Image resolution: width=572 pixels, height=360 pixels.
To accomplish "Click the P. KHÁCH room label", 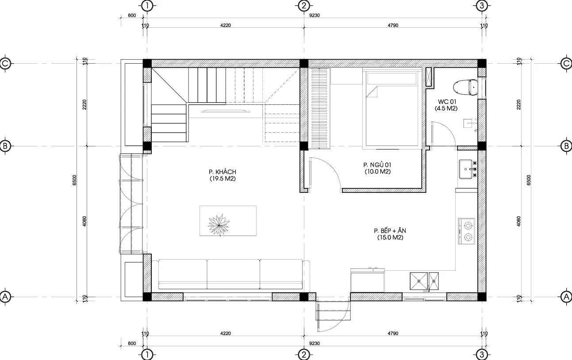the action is [x=223, y=172].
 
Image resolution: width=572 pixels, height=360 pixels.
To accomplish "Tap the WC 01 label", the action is [x=447, y=102].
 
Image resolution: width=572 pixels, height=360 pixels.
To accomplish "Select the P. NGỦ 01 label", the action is [x=377, y=165].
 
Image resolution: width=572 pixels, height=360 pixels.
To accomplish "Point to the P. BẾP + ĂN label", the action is [x=390, y=231].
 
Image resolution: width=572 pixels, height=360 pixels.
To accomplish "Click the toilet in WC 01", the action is [x=465, y=87].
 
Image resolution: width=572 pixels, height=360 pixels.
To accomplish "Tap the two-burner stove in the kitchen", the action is [x=466, y=231].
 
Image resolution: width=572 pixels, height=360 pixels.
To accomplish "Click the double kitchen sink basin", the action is [x=424, y=281].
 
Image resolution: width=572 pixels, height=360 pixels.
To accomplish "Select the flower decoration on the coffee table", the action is [x=219, y=225].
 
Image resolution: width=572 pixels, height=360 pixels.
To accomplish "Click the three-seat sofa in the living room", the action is [x=230, y=276].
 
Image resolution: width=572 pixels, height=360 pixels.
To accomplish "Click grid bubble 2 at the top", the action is [x=303, y=6].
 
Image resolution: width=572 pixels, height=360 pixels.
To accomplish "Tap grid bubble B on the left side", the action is [x=5, y=146].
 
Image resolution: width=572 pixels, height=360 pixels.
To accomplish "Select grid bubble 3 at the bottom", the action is [x=482, y=354].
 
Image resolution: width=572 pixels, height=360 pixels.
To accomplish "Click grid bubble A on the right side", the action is [x=566, y=297].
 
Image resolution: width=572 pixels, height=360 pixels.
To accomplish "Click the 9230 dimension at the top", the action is [x=315, y=15].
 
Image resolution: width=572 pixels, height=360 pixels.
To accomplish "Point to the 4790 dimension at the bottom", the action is [x=393, y=333].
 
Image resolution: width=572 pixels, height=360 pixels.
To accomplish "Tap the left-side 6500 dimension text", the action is [x=74, y=180].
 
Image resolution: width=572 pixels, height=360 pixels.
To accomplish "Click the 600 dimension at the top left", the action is [x=132, y=15].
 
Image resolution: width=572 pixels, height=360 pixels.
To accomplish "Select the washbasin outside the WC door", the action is [x=466, y=169].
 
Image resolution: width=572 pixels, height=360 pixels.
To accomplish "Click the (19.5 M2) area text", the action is [x=223, y=179].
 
